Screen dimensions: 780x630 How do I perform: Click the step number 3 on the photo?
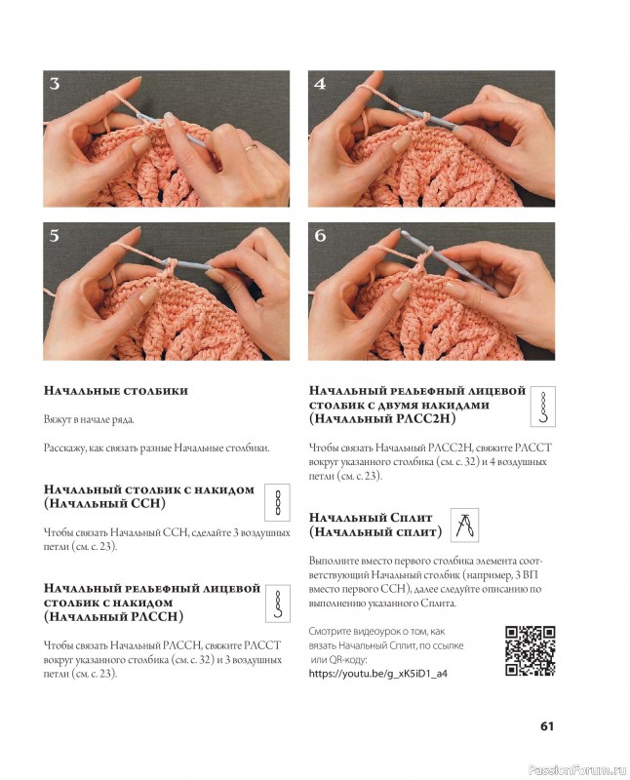tap(55, 84)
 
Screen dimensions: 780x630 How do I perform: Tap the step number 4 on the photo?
tap(320, 84)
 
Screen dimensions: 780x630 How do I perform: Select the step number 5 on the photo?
tap(55, 236)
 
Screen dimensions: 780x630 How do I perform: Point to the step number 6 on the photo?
tap(320, 236)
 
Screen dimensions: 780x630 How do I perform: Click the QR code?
tap(531, 651)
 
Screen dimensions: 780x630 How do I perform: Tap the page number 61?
tap(547, 725)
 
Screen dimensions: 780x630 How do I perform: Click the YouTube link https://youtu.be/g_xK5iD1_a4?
tap(377, 673)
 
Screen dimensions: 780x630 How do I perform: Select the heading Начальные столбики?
tap(116, 391)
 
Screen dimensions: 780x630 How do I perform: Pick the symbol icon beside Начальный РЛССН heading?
tap(278, 605)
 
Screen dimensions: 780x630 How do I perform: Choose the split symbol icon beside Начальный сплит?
tap(464, 525)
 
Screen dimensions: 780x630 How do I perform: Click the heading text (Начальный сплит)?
tap(374, 532)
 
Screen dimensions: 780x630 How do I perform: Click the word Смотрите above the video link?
tap(333, 631)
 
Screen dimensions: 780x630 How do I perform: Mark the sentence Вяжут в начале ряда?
tap(90, 419)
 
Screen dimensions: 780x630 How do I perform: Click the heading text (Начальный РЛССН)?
tap(114, 617)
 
